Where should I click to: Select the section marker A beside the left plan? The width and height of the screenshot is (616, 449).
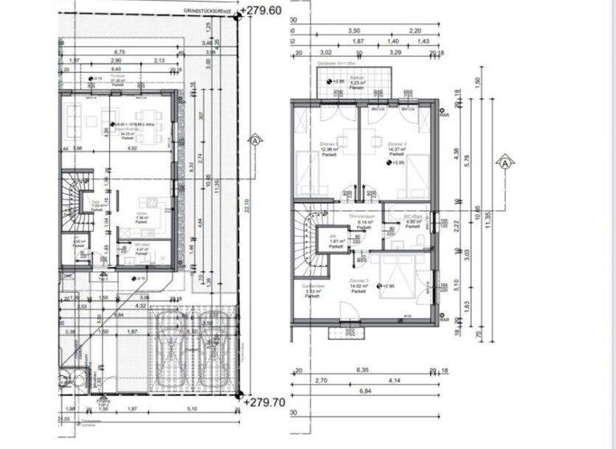(254, 140)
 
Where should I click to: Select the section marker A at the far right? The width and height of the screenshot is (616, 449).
(505, 163)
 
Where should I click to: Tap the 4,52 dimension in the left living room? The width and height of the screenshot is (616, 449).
(134, 148)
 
